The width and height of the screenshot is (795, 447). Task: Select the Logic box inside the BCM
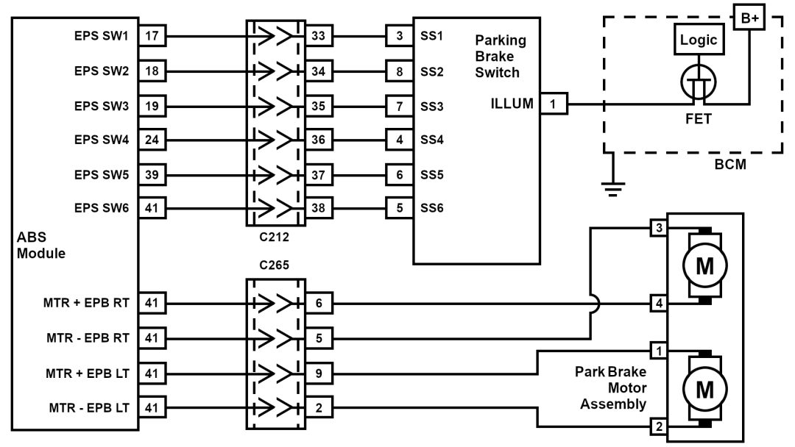(699, 40)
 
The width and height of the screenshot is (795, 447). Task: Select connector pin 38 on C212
(319, 208)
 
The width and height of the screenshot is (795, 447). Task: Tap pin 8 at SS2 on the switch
(399, 72)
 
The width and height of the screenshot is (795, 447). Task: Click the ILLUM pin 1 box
(554, 104)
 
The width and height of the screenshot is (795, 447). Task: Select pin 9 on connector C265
(319, 373)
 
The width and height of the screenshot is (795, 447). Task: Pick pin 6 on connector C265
(319, 302)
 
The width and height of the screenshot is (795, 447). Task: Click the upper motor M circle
(705, 266)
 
